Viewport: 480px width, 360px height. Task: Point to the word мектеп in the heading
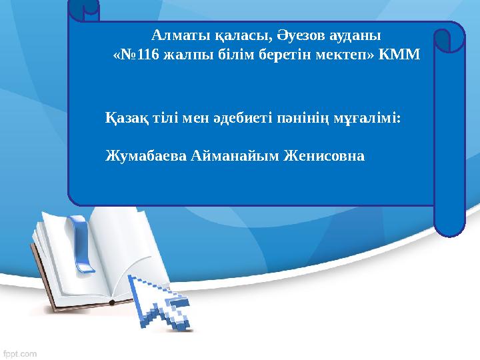tap(337, 55)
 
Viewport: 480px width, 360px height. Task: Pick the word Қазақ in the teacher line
tap(124, 119)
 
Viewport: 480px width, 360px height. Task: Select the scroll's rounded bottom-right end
tap(449, 223)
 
